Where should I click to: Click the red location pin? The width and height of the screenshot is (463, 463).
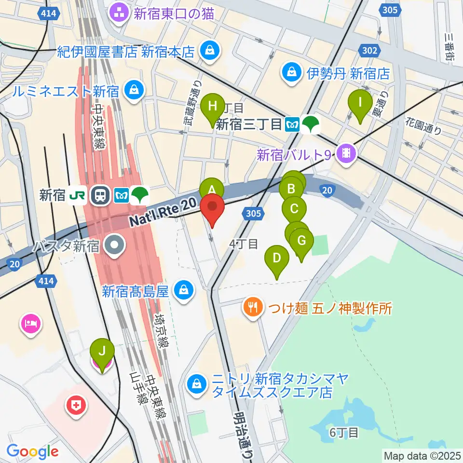pyautogui.click(x=212, y=208)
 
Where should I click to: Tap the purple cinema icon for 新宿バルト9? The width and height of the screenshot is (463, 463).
pyautogui.click(x=346, y=154)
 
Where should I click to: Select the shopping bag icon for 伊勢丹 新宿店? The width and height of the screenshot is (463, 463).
pyautogui.click(x=292, y=73)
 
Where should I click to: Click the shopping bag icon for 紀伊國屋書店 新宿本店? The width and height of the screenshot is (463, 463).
pyautogui.click(x=210, y=50)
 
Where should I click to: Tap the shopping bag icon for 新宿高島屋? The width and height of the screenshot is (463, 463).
pyautogui.click(x=184, y=290)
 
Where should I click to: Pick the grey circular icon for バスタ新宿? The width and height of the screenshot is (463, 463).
pyautogui.click(x=115, y=246)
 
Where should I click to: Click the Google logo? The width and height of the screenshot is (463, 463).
pyautogui.click(x=33, y=451)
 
